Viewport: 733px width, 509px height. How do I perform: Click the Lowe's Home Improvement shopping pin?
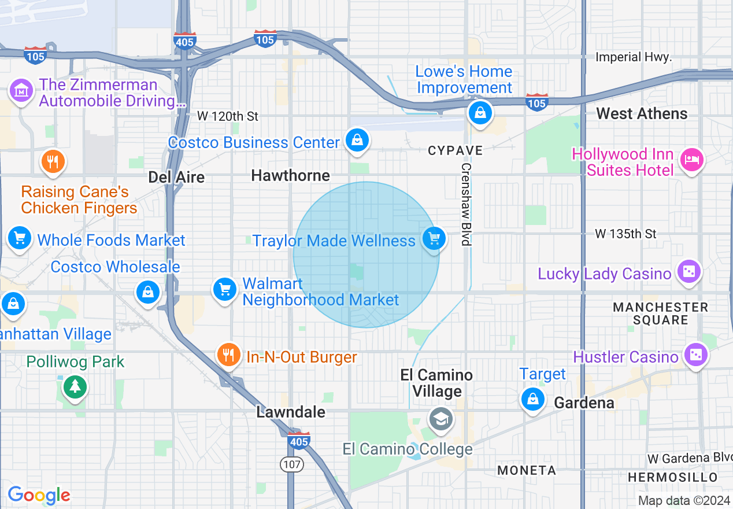click(480, 112)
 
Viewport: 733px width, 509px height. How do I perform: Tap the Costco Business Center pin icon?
click(357, 141)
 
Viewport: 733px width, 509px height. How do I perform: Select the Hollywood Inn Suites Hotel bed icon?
click(691, 159)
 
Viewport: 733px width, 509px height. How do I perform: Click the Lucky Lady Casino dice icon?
click(688, 272)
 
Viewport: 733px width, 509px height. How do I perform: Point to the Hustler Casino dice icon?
click(695, 355)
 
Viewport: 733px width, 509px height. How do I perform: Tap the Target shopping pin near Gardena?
click(532, 399)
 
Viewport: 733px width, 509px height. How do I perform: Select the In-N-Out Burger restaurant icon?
click(229, 355)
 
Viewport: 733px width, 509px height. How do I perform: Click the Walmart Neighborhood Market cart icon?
click(225, 289)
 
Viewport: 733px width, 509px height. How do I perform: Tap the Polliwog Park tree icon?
click(75, 386)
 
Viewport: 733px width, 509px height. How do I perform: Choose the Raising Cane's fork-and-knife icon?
click(53, 162)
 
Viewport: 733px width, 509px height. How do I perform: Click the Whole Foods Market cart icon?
click(20, 238)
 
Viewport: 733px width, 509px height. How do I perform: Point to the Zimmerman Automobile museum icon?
click(21, 91)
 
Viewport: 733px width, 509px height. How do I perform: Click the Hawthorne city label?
click(290, 175)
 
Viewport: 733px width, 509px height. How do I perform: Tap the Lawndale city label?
click(291, 412)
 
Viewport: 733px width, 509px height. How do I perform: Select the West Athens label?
click(642, 113)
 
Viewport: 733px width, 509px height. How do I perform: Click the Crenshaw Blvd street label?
click(466, 204)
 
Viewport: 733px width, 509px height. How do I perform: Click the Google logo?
click(39, 495)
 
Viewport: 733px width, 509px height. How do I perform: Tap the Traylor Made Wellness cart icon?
click(434, 238)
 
